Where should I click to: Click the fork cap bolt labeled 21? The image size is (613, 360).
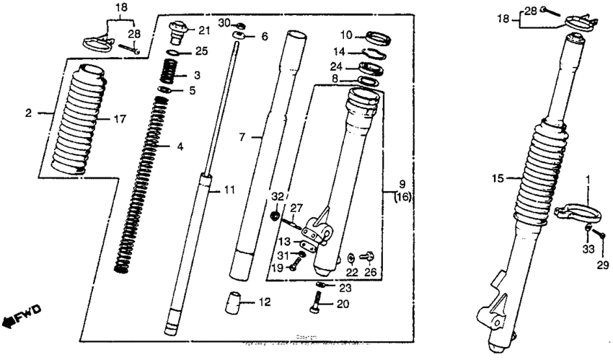pos(177,32)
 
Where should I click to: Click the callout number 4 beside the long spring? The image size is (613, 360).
pos(180,146)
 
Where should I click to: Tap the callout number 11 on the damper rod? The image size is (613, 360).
pos(229,190)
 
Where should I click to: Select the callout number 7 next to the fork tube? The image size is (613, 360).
pos(242,136)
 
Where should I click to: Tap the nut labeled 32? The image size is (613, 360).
pos(275,215)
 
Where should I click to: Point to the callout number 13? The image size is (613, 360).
pos(284,240)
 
